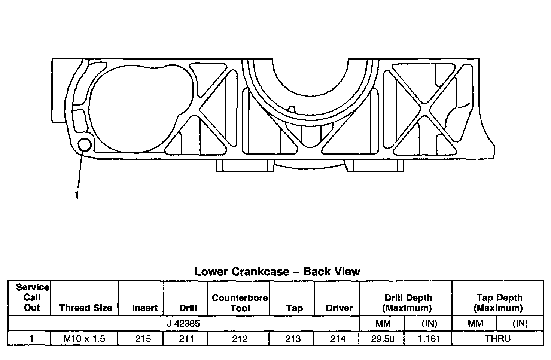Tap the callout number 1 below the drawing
pyautogui.click(x=77, y=195)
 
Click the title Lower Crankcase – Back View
pyautogui.click(x=277, y=272)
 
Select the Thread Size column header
pyautogui.click(x=86, y=308)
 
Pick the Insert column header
pyautogui.click(x=144, y=308)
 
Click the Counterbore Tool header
pyautogui.click(x=240, y=303)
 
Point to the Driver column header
pyautogui.click(x=339, y=308)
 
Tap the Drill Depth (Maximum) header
pyautogui.click(x=408, y=303)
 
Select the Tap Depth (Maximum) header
pyautogui.click(x=499, y=303)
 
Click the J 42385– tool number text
pyautogui.click(x=186, y=324)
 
